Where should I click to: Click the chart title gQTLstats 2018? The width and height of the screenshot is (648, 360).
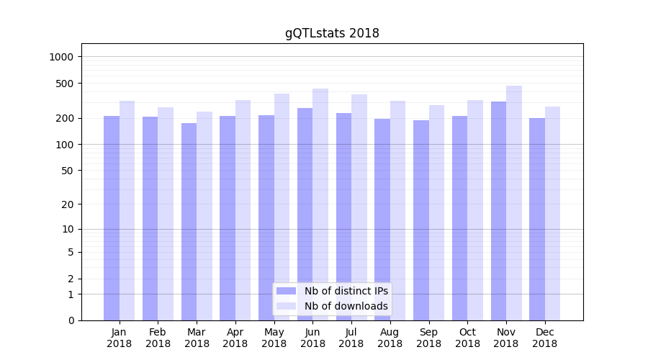[x=331, y=33]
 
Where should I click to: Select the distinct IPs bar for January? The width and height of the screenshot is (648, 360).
[x=112, y=218]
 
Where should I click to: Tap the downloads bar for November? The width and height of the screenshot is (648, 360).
[x=514, y=203]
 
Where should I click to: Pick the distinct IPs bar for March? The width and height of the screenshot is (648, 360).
[x=189, y=222]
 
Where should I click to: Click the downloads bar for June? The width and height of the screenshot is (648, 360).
[x=320, y=204]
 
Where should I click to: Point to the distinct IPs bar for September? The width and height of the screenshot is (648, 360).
[x=421, y=220]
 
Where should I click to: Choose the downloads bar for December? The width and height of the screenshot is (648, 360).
[x=552, y=213]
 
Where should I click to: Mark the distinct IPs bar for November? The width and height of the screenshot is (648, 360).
[x=498, y=211]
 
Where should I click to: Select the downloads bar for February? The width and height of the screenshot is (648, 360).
[x=166, y=214]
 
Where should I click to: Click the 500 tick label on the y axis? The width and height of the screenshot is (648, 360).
[x=66, y=84]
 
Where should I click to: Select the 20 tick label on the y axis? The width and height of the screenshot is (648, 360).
[x=68, y=204]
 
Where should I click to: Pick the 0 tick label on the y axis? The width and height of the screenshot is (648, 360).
[x=71, y=320]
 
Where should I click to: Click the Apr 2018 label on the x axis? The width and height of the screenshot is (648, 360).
[x=235, y=338]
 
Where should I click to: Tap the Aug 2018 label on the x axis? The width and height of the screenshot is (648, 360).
[x=390, y=338]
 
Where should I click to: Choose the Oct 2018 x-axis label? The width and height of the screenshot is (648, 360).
[x=467, y=338]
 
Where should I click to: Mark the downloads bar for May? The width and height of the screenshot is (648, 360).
[x=282, y=207]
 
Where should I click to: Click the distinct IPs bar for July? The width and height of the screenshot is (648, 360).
[x=343, y=217]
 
